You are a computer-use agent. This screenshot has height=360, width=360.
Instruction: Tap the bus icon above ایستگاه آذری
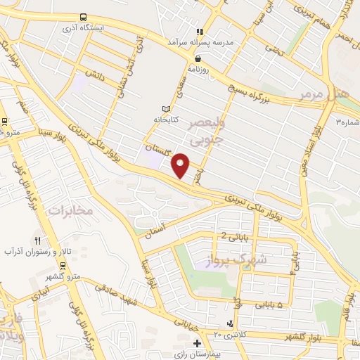click(84, 18)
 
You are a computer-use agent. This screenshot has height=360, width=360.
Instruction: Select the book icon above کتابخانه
click(166, 108)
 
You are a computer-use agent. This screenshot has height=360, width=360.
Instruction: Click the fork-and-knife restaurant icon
click(37, 240)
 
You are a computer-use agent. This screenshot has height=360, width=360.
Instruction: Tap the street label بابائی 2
click(234, 236)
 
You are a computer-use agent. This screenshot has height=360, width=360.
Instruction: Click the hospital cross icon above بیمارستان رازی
click(198, 344)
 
